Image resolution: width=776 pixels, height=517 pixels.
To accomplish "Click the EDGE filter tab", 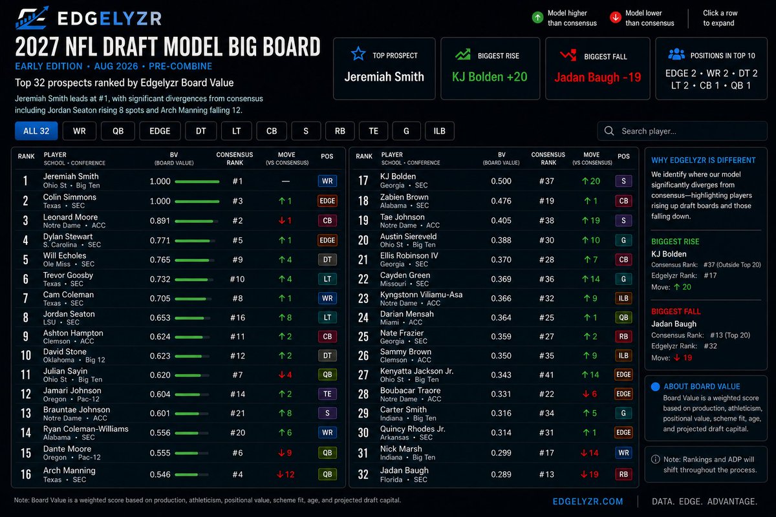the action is pyautogui.click(x=160, y=131).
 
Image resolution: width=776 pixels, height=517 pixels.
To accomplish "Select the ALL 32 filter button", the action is pyautogui.click(x=36, y=131).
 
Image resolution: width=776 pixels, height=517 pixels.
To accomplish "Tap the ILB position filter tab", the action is pyautogui.click(x=439, y=131).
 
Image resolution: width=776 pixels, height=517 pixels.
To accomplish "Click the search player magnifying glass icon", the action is pyautogui.click(x=609, y=131).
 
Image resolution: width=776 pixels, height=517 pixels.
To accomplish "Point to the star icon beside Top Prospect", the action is pyautogui.click(x=358, y=54).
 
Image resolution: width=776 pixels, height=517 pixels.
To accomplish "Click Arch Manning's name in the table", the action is pyautogui.click(x=69, y=470).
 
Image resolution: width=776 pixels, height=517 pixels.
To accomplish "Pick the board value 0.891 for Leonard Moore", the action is pyautogui.click(x=160, y=220).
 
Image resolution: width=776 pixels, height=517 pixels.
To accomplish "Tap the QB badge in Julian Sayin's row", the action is pyautogui.click(x=327, y=374).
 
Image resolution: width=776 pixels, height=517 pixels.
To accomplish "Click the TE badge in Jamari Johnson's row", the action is pyautogui.click(x=327, y=394).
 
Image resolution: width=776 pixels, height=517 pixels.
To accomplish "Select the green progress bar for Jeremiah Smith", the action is pyautogui.click(x=197, y=182).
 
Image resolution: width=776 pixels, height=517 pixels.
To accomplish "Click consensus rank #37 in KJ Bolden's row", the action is pyautogui.click(x=546, y=181).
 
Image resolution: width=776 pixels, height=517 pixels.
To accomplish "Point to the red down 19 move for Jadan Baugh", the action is pyautogui.click(x=590, y=474).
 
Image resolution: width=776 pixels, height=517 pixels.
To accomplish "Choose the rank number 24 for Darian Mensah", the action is pyautogui.click(x=363, y=317).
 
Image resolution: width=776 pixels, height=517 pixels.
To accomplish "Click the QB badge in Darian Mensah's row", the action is pyautogui.click(x=623, y=317).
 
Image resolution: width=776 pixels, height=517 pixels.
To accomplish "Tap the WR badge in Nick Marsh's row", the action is pyautogui.click(x=623, y=452).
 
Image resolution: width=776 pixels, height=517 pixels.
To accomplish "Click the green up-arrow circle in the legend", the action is pyautogui.click(x=537, y=17).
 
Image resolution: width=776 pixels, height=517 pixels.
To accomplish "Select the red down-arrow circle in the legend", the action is pyautogui.click(x=615, y=17).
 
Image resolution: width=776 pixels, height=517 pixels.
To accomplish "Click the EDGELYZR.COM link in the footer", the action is pyautogui.click(x=588, y=501).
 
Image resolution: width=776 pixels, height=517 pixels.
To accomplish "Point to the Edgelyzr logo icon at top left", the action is pyautogui.click(x=32, y=17).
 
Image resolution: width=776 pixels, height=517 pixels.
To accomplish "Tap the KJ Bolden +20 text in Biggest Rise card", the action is pyautogui.click(x=490, y=76).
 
